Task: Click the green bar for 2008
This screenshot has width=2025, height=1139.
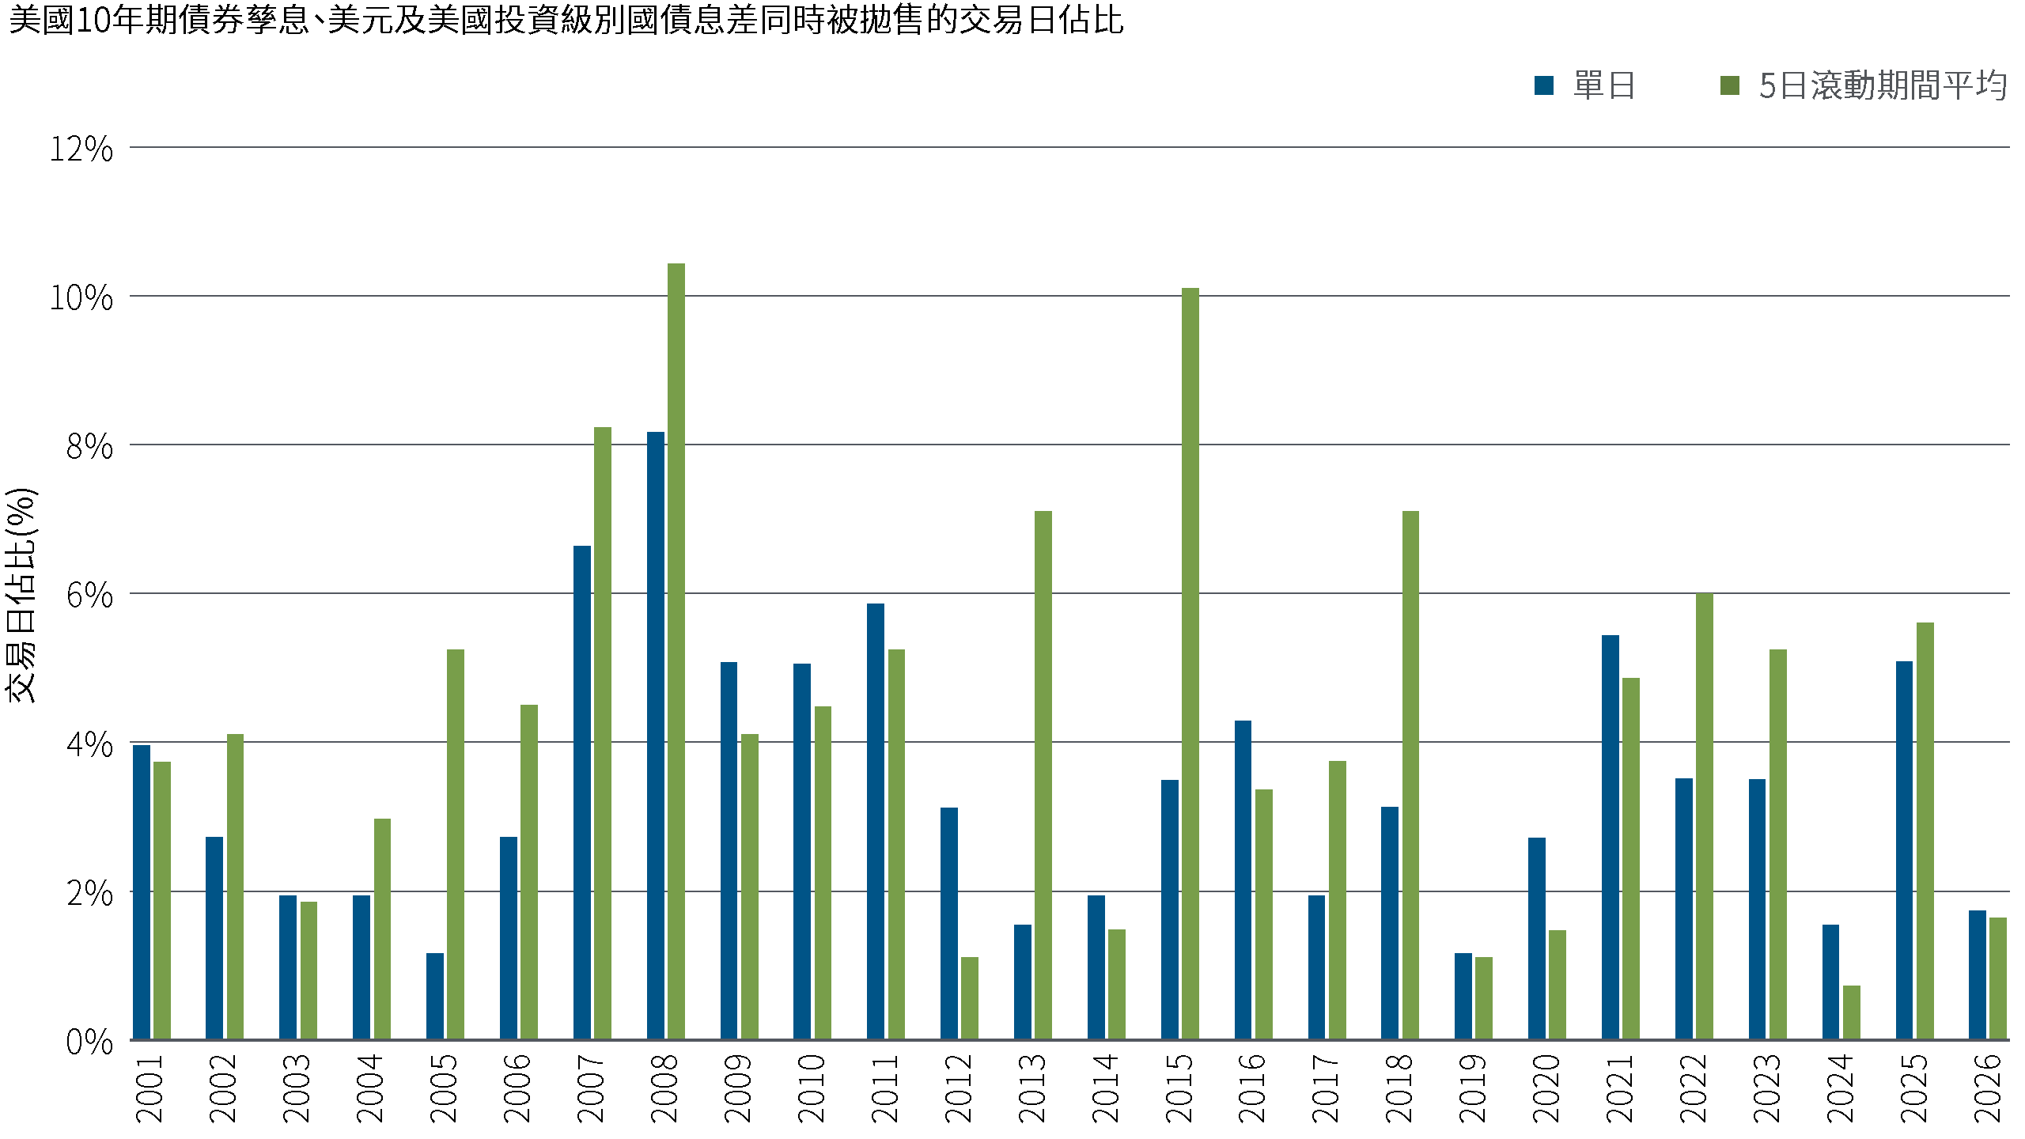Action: (676, 651)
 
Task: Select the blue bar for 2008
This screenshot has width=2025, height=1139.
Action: (656, 736)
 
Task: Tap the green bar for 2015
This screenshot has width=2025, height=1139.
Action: (1190, 664)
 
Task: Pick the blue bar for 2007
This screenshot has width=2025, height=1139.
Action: (582, 793)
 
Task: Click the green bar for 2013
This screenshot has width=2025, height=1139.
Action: (1043, 775)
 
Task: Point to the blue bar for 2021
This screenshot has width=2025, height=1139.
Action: (1611, 837)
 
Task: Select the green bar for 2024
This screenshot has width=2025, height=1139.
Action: (1852, 1012)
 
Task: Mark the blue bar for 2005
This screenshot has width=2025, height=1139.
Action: (435, 996)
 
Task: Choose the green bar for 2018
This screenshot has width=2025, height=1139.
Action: (1410, 775)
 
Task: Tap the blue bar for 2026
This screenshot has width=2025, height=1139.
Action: (1978, 974)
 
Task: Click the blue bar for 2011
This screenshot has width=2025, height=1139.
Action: (876, 821)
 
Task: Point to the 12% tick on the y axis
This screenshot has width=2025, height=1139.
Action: (81, 149)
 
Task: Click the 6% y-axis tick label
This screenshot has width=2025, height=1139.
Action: (89, 595)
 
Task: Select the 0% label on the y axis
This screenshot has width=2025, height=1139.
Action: (89, 1042)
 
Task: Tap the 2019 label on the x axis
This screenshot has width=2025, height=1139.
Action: (1472, 1088)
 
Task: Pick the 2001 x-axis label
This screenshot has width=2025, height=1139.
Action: (150, 1088)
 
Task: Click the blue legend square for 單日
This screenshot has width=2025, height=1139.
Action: (1543, 85)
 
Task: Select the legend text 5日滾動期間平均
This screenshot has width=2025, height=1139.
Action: (1883, 85)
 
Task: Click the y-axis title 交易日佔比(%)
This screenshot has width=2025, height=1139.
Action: (21, 594)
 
